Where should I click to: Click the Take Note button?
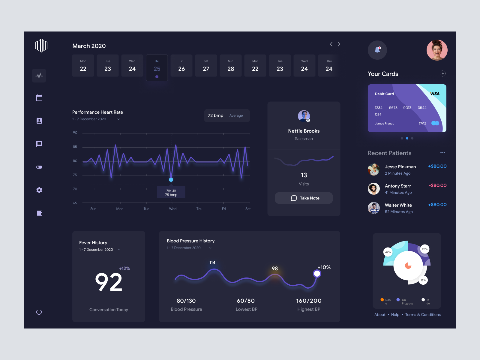click(x=304, y=198)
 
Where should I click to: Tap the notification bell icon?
click(x=377, y=50)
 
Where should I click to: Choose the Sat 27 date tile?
click(x=206, y=66)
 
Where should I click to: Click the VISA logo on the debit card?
click(x=435, y=94)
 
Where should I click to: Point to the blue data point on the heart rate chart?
click(x=171, y=180)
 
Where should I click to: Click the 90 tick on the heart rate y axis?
click(x=75, y=133)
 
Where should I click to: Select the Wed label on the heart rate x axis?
click(x=173, y=209)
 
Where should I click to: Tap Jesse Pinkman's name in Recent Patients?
click(x=400, y=167)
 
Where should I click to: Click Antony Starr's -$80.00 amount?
click(x=437, y=185)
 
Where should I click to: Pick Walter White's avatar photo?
click(x=374, y=208)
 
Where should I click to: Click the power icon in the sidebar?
click(x=39, y=312)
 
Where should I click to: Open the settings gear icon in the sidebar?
click(x=39, y=190)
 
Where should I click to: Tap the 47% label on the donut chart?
click(x=388, y=252)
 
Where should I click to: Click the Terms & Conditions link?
click(x=423, y=315)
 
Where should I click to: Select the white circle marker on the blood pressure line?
click(x=317, y=274)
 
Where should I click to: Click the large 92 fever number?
click(x=109, y=282)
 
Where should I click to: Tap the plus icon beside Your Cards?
click(x=443, y=73)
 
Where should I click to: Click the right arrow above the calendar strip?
click(x=339, y=44)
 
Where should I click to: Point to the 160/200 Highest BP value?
click(x=309, y=301)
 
